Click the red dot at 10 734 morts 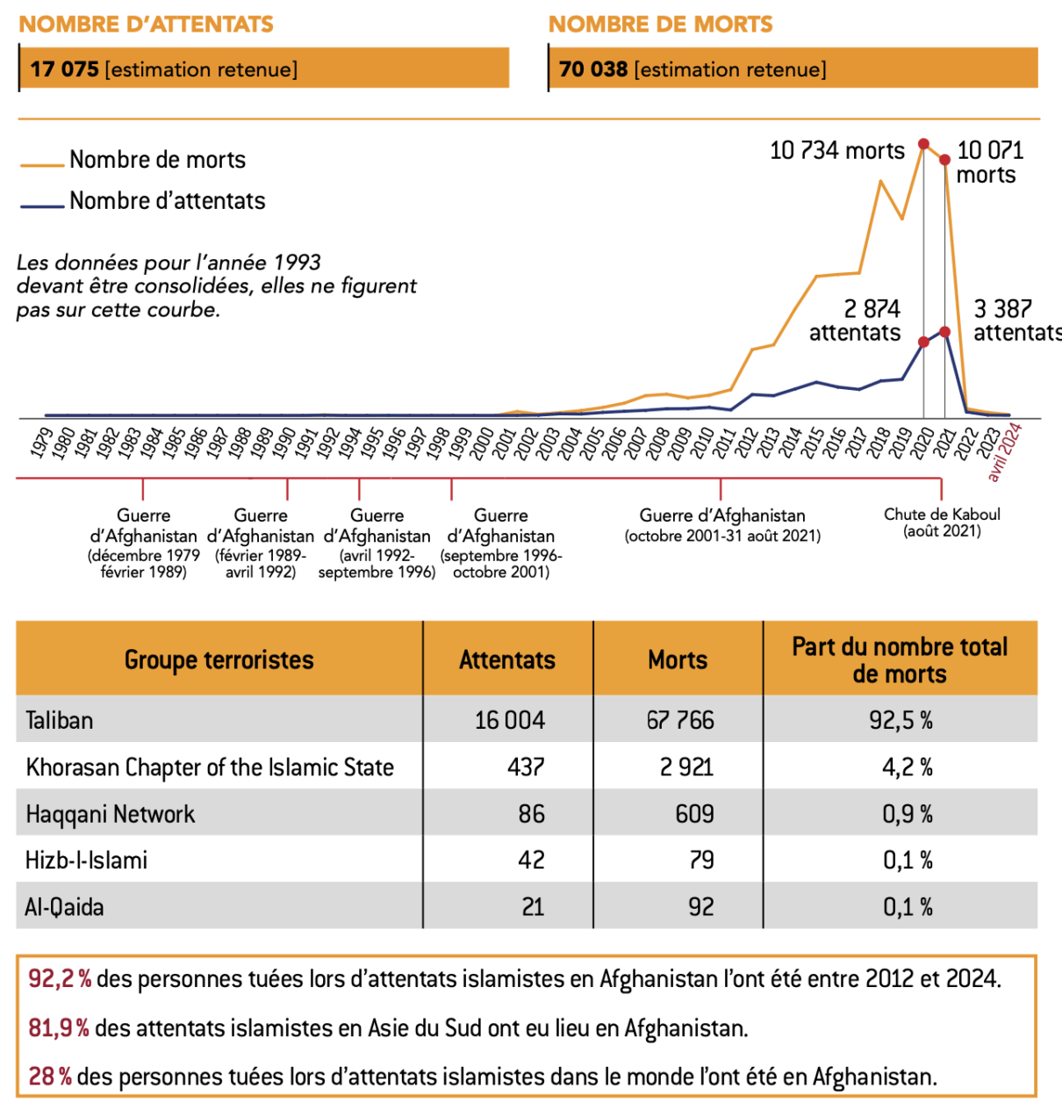(923, 144)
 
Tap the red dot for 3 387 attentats (944, 332)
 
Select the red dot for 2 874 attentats (923, 342)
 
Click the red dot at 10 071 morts (944, 160)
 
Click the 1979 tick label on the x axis (41, 443)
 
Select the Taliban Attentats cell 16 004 (509, 720)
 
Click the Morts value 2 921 (686, 767)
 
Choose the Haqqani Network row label (111, 814)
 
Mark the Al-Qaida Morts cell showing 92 (700, 907)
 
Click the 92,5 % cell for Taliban (901, 720)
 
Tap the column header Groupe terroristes (219, 660)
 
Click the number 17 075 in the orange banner (64, 69)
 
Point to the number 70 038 (593, 69)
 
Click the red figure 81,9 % (59, 1027)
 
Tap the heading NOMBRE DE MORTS (661, 25)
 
